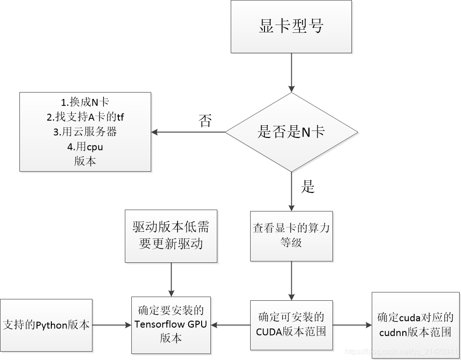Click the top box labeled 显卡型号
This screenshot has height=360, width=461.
(291, 26)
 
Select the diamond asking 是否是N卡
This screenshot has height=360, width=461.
(291, 132)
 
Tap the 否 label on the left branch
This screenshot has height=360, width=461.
(205, 121)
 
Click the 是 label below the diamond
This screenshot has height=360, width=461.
(308, 186)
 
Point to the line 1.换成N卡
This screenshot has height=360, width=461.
(85, 102)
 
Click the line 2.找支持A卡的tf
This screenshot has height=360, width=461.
(85, 117)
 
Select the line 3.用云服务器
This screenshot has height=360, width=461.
(85, 132)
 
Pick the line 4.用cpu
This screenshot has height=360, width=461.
(85, 147)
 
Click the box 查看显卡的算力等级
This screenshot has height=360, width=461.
(291, 236)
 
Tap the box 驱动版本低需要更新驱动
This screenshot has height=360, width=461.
(171, 236)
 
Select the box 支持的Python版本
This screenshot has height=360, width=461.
(46, 325)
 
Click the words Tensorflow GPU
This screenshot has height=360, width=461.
(171, 324)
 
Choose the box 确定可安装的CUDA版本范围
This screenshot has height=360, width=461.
(291, 325)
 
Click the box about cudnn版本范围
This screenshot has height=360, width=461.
(415, 325)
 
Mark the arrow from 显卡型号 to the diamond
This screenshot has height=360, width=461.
(291, 73)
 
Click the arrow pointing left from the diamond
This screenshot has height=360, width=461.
(188, 132)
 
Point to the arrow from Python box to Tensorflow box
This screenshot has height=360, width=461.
(112, 325)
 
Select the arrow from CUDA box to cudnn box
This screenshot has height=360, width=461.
(352, 325)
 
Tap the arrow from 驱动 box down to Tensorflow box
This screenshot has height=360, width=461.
(171, 279)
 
